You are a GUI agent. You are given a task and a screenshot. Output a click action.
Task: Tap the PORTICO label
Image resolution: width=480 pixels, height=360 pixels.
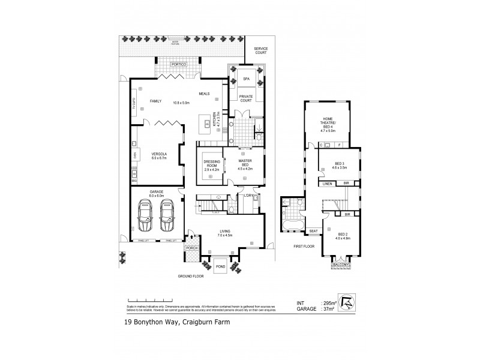(178, 64)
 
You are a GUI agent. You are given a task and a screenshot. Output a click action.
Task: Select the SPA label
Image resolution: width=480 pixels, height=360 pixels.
(246, 79)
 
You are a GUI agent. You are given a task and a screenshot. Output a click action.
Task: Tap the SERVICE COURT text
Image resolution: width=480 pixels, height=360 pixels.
(260, 51)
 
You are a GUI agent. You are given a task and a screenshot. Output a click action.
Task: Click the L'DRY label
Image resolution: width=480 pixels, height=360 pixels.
(246, 196)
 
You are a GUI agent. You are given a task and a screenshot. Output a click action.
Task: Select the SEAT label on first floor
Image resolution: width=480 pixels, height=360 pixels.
(313, 231)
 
